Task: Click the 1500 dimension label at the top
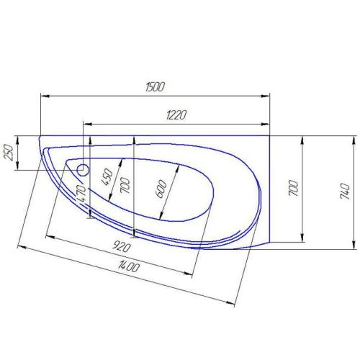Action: [x=155, y=86]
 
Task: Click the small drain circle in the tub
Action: [x=82, y=171]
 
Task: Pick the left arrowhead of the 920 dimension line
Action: [x=48, y=235]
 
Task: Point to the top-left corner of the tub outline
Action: [x=39, y=135]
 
